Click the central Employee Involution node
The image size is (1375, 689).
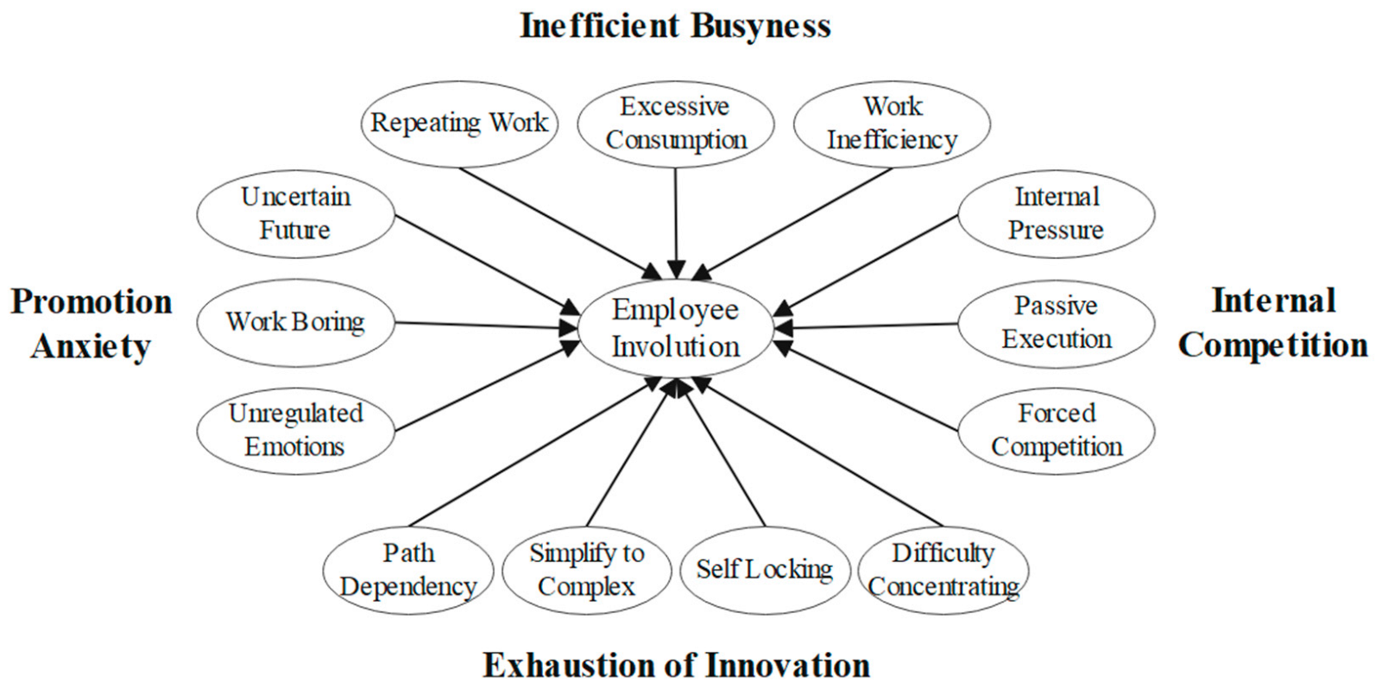(675, 328)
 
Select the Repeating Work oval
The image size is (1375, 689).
(458, 123)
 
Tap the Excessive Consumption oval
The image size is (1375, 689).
(675, 123)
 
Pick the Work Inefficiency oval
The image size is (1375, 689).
(892, 123)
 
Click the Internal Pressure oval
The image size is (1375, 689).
(1056, 213)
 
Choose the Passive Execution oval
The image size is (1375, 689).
(1056, 322)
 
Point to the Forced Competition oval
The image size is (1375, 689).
(1056, 430)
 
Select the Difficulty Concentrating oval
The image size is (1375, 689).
(943, 569)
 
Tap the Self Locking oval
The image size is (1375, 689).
(764, 569)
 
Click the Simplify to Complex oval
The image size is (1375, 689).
(586, 569)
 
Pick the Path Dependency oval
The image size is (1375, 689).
(407, 569)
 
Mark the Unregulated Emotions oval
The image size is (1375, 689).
(295, 430)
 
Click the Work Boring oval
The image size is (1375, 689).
(295, 322)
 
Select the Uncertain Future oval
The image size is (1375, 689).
(295, 213)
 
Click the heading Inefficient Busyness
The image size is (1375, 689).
(675, 25)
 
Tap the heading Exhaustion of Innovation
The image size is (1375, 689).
(675, 666)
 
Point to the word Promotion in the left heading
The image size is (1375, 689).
(91, 302)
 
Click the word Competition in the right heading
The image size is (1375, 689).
(1273, 345)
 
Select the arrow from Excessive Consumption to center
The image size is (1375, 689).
(676, 220)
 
